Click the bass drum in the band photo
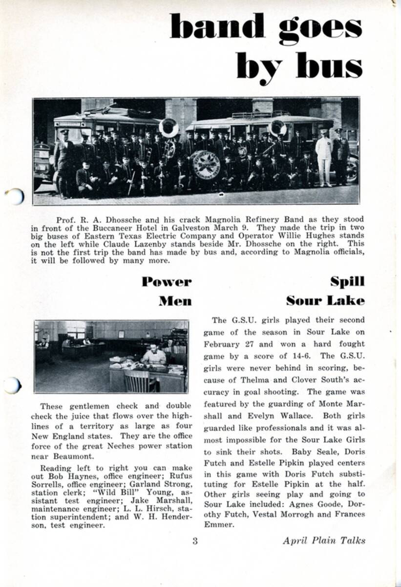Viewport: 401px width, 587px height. coord(205,164)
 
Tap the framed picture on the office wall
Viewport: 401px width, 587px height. coord(121,334)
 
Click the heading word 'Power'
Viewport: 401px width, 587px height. coord(167,282)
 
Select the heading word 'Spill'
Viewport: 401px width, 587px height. coord(347,282)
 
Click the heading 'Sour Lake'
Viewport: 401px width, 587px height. coord(325,300)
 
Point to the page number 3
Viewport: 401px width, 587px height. coord(195,541)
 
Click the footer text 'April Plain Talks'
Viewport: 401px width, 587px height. coord(324,541)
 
